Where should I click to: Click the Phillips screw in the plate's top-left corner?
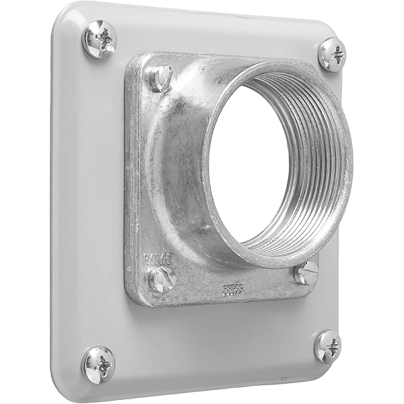click(x=99, y=38)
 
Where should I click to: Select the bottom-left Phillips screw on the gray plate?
click(x=99, y=364)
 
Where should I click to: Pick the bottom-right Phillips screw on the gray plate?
click(x=328, y=347)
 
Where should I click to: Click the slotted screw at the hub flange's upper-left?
click(x=160, y=79)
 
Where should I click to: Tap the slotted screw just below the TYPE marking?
click(x=162, y=278)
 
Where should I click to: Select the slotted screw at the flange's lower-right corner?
click(x=306, y=273)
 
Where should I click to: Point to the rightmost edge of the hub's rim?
click(x=352, y=162)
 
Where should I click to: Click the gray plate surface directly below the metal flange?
click(x=215, y=337)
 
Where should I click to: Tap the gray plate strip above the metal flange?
click(x=215, y=34)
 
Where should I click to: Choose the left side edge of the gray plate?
click(x=55, y=202)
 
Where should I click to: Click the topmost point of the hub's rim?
click(x=283, y=61)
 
